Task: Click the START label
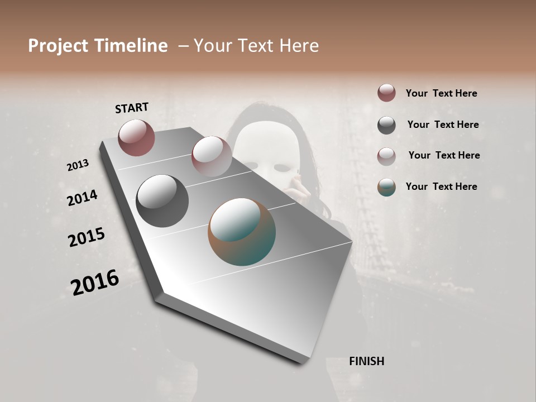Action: pyautogui.click(x=132, y=108)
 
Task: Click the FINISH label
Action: pyautogui.click(x=366, y=361)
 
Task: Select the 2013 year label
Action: pyautogui.click(x=78, y=165)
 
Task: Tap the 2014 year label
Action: pyautogui.click(x=82, y=198)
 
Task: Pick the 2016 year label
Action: pyautogui.click(x=95, y=282)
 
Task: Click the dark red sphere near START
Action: pyautogui.click(x=136, y=137)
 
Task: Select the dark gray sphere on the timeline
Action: pyautogui.click(x=162, y=201)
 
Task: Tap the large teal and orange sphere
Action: pyautogui.click(x=242, y=232)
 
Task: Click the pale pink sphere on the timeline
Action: pyautogui.click(x=211, y=156)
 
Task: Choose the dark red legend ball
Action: pyautogui.click(x=386, y=93)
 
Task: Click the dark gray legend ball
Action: pyautogui.click(x=386, y=125)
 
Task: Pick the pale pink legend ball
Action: pyautogui.click(x=386, y=156)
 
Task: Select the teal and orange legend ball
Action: pyautogui.click(x=386, y=187)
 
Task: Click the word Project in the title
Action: pyautogui.click(x=58, y=46)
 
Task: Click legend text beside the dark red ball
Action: pyautogui.click(x=441, y=93)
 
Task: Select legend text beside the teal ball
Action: pyautogui.click(x=441, y=186)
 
